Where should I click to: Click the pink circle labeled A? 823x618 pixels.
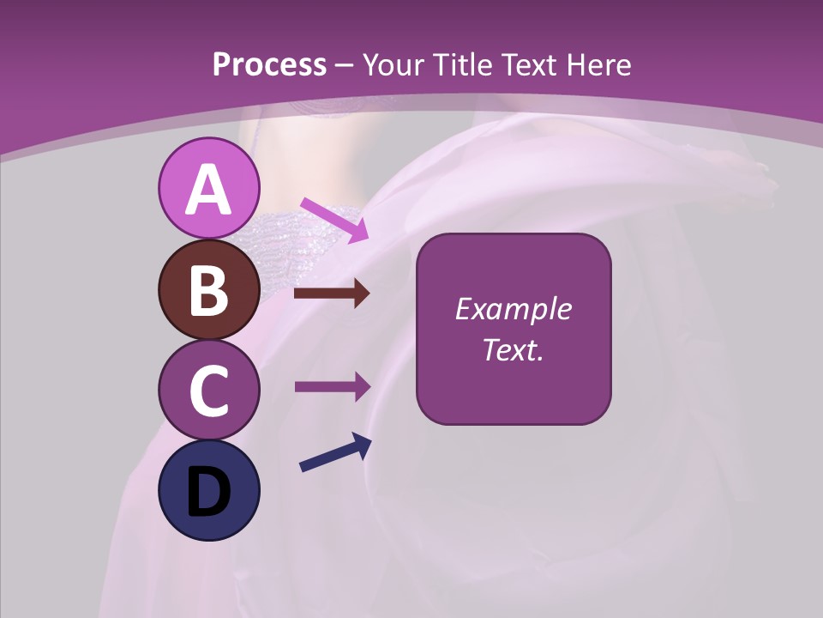(208, 189)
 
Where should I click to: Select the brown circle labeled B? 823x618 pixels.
(208, 290)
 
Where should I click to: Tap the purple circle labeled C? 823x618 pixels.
(208, 391)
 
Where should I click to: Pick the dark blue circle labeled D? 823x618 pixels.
(208, 491)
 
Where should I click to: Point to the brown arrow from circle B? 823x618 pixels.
(332, 294)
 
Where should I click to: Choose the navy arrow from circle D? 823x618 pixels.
(335, 453)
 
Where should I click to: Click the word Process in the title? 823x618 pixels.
(269, 65)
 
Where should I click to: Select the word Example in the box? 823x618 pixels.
(513, 309)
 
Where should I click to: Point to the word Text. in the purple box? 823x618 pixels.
(513, 349)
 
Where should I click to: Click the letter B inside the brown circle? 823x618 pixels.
(208, 290)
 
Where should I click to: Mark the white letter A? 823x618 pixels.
(208, 190)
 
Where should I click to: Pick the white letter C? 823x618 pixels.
(208, 391)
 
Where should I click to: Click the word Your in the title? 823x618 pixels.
(393, 65)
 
